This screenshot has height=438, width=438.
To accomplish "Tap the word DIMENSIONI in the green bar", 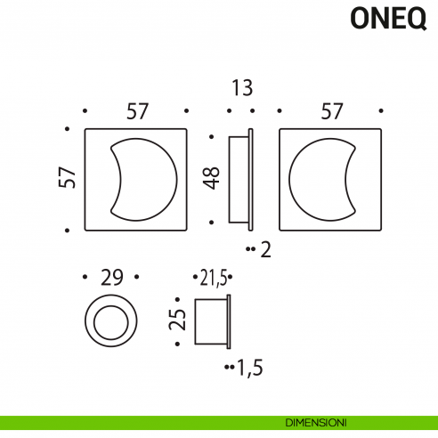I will click(316, 421).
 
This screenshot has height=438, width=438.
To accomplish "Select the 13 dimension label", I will click(240, 88).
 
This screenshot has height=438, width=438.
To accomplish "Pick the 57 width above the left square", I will click(135, 111).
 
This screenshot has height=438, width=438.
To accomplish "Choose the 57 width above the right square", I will click(331, 111).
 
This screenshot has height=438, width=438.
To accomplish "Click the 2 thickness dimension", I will click(264, 250).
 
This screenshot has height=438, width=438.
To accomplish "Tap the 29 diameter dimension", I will click(111, 277).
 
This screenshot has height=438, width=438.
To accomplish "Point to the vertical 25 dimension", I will click(178, 320).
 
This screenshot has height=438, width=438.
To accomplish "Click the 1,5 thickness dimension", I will click(250, 365).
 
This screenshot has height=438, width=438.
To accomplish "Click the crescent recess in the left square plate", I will click(148, 178).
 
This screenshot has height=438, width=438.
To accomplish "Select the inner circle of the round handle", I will click(111, 320).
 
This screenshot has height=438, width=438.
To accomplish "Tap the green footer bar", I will click(134, 422).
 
